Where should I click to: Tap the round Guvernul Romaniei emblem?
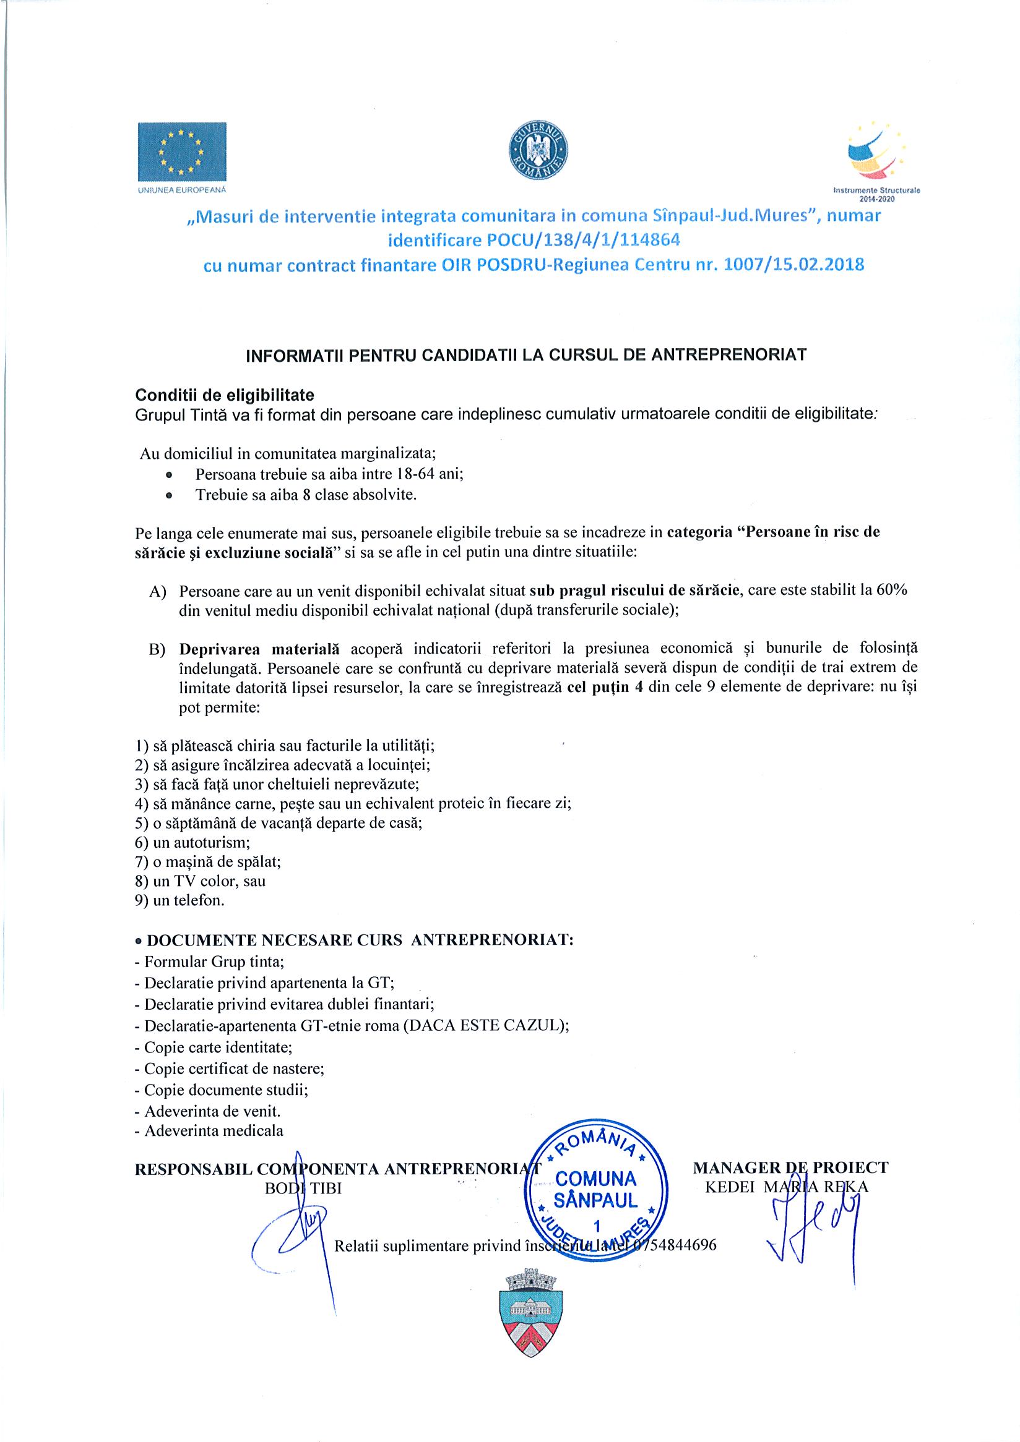tap(537, 153)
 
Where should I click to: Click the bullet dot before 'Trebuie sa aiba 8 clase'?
tap(168, 495)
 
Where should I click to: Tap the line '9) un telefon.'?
tap(179, 900)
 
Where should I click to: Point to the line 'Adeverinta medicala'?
tap(214, 1130)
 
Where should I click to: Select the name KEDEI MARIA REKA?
tap(787, 1187)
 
